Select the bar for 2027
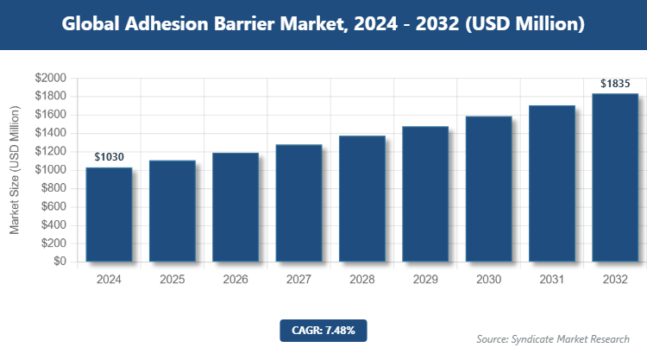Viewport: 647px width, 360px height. (298, 203)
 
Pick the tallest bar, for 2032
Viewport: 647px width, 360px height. (614, 177)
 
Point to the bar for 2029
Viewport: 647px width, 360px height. (424, 193)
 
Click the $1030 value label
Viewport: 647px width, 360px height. (109, 157)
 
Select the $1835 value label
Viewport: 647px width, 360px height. (615, 84)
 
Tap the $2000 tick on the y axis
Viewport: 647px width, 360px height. (50, 79)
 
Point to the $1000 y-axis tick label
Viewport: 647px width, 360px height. (50, 170)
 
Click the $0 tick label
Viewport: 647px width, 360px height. (59, 262)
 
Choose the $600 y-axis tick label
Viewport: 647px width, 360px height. (53, 207)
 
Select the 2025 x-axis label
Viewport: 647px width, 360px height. (172, 281)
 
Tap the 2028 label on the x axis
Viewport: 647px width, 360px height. (361, 281)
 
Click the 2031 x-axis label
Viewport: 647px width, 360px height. (551, 281)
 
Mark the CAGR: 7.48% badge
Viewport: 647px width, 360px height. (323, 330)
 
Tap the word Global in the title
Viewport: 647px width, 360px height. (90, 25)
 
